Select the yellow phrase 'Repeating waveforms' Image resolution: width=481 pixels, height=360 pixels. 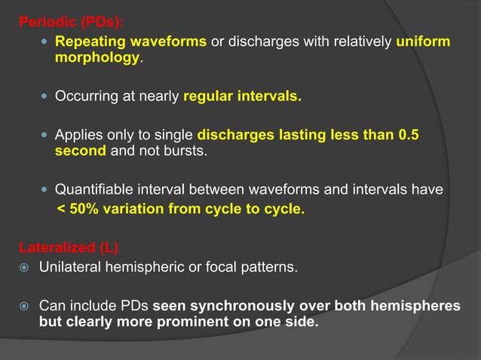pyautogui.click(x=131, y=41)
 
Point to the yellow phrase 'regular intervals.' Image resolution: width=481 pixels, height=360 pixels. pyautogui.click(x=241, y=96)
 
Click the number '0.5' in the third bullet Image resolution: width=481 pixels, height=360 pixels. pyautogui.click(x=408, y=136)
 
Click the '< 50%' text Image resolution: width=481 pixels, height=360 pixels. pyautogui.click(x=78, y=209)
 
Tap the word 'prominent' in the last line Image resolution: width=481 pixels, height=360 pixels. pyautogui.click(x=215, y=323)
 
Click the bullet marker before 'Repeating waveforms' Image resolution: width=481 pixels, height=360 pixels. pyautogui.click(x=44, y=42)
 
